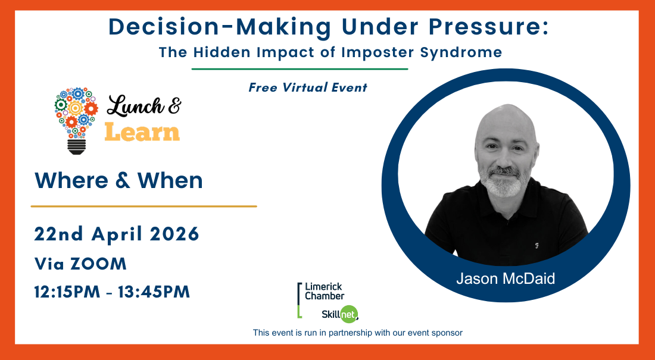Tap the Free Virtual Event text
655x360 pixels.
pyautogui.click(x=308, y=87)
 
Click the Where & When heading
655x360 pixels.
pyautogui.click(x=119, y=180)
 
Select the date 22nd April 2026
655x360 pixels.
pyautogui.click(x=117, y=234)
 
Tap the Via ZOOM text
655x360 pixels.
pyautogui.click(x=80, y=264)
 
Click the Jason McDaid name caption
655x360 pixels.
pyautogui.click(x=506, y=278)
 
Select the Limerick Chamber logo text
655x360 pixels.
pyautogui.click(x=325, y=292)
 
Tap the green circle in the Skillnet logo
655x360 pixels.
pyautogui.click(x=349, y=314)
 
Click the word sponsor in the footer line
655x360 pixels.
pyautogui.click(x=447, y=333)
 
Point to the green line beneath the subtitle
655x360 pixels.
pyautogui.click(x=300, y=69)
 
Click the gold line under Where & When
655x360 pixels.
pyautogui.click(x=144, y=206)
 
